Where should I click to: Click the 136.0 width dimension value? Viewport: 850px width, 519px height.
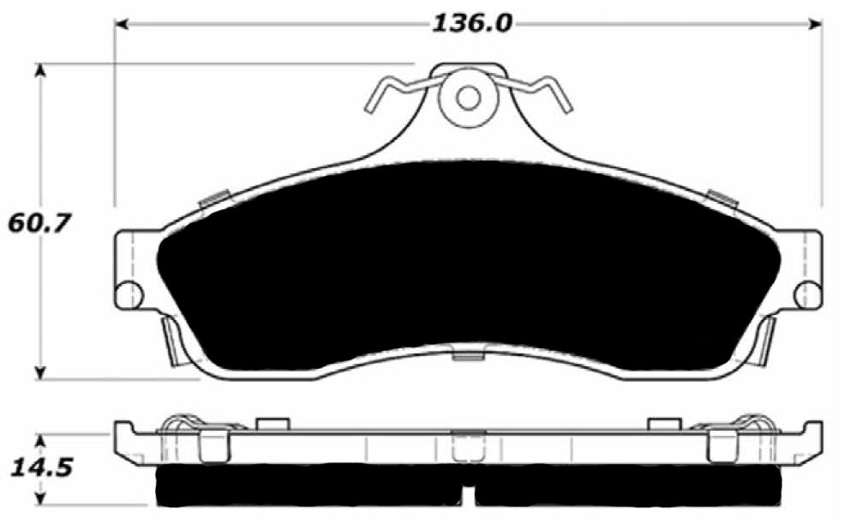[x=470, y=23]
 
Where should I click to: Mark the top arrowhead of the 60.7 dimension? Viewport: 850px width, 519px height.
[x=39, y=69]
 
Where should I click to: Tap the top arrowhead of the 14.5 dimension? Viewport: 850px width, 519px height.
[x=39, y=439]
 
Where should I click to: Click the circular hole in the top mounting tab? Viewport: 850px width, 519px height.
[x=468, y=97]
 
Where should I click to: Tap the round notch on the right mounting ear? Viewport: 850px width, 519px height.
[x=807, y=294]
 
